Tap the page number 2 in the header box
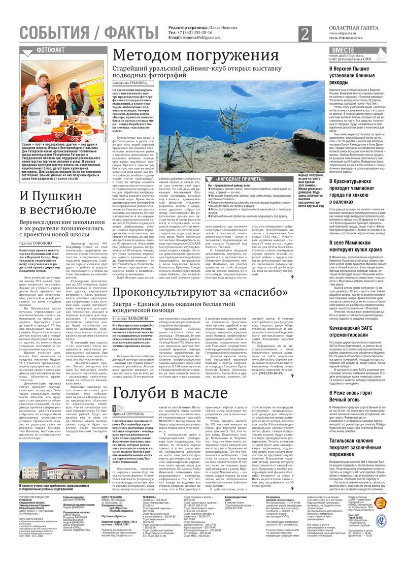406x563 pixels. pos(304,35)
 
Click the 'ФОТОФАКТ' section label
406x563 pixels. pos(51,50)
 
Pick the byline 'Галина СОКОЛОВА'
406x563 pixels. pos(37,243)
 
